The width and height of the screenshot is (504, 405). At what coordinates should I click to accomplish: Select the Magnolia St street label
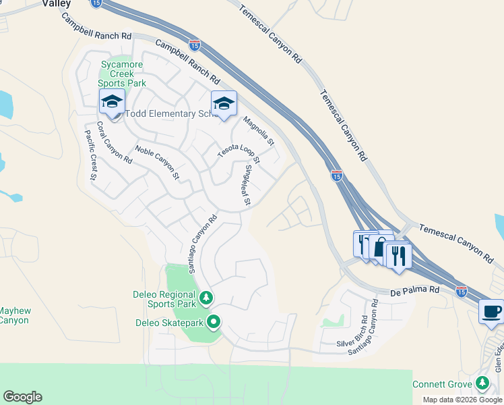tap(259, 132)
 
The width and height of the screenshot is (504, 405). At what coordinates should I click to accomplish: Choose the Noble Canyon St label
tap(157, 162)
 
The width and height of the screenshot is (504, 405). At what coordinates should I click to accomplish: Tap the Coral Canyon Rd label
tap(114, 142)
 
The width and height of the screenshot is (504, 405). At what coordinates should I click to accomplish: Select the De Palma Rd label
tap(415, 291)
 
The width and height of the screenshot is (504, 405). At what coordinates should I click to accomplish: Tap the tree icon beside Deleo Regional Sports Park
tap(206, 296)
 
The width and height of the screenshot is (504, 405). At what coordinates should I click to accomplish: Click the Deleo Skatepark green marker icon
tap(214, 322)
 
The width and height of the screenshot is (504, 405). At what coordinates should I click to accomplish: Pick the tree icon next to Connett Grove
tap(482, 383)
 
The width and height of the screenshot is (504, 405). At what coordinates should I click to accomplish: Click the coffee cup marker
tap(491, 312)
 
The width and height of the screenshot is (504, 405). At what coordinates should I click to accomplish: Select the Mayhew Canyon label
tap(14, 315)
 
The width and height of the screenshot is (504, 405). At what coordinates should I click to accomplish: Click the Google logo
tap(22, 397)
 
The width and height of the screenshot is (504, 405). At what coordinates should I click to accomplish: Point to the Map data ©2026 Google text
tap(462, 400)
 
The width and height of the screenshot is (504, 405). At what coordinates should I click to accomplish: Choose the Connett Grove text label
tap(442, 384)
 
